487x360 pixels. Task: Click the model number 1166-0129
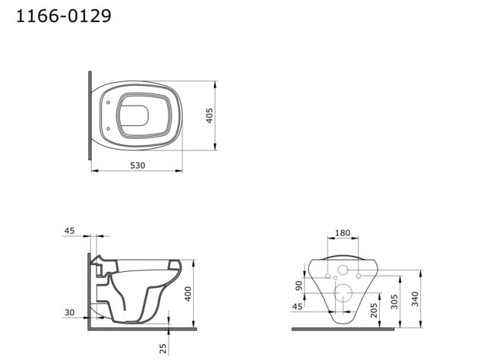pyautogui.click(x=64, y=16)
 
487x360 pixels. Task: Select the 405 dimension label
pyautogui.click(x=209, y=116)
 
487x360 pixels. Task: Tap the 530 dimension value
pyautogui.click(x=137, y=165)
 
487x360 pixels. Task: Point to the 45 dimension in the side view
pyautogui.click(x=70, y=230)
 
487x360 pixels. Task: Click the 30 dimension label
pyautogui.click(x=70, y=313)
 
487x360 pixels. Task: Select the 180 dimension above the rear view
pyautogui.click(x=343, y=233)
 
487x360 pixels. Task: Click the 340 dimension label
pyautogui.click(x=414, y=298)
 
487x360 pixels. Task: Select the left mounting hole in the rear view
pyautogui.click(x=327, y=276)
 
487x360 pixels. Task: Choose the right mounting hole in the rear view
pyautogui.click(x=358, y=276)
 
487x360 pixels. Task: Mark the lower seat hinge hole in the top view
pyautogui.click(x=109, y=128)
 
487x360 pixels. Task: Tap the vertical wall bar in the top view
pyautogui.click(x=90, y=115)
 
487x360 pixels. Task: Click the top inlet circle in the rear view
pyautogui.click(x=343, y=270)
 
